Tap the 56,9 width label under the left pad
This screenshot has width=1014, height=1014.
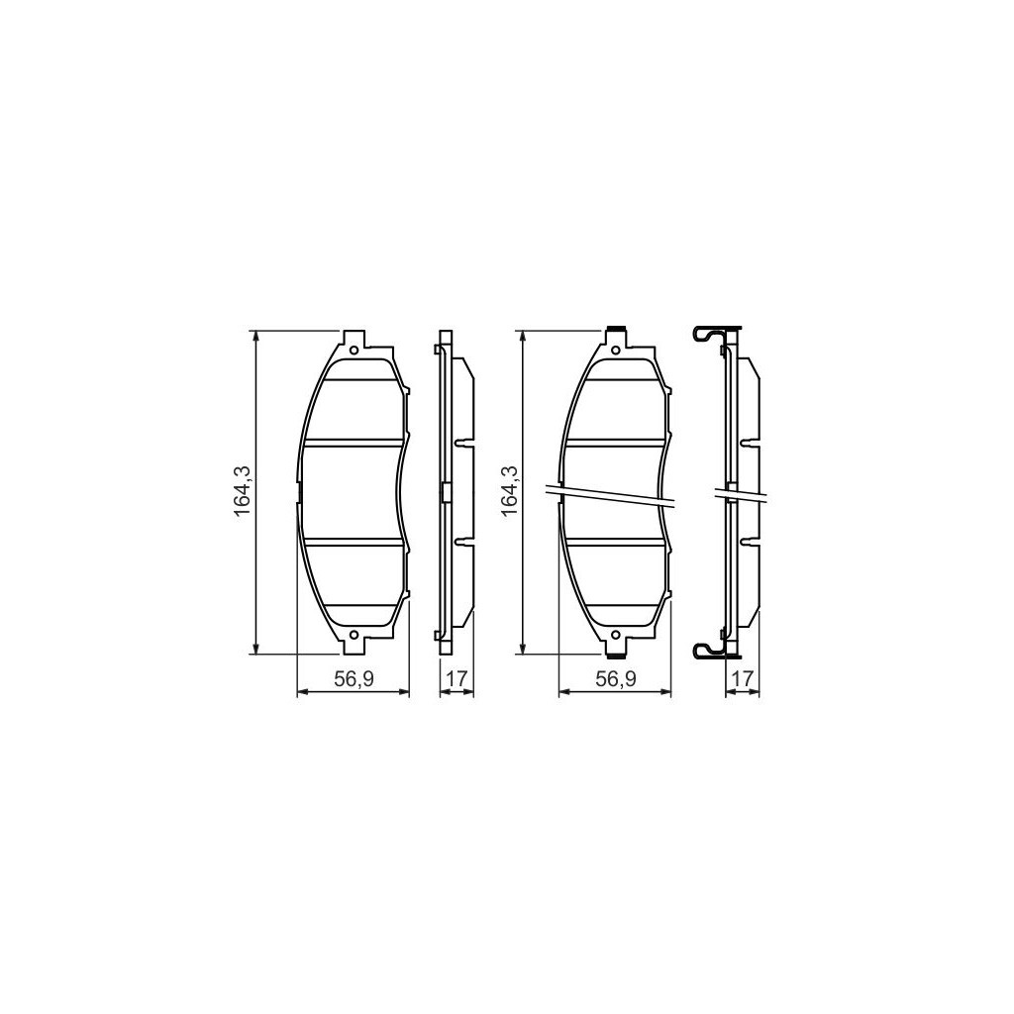[353, 678]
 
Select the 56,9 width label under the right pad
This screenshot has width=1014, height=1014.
[615, 678]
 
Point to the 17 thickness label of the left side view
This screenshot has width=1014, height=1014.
[456, 678]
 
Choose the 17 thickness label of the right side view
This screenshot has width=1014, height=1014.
[742, 678]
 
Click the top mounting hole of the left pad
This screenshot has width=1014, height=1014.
[355, 349]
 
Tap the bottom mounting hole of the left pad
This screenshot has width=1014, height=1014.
[355, 635]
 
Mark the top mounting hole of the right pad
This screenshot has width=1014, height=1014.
[615, 349]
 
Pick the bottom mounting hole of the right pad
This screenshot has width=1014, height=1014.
[615, 635]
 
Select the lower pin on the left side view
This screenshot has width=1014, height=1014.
[461, 541]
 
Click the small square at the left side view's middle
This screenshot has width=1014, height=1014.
[446, 492]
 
